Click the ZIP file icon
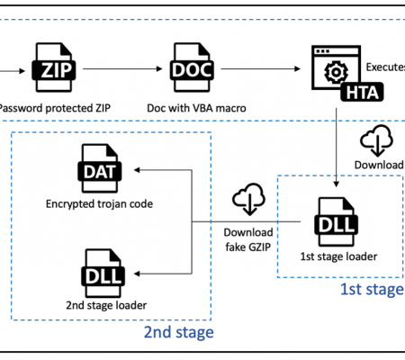point(54,67)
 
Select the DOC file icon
point(192,67)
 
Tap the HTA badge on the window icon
point(362,92)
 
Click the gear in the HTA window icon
point(336,72)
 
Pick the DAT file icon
point(100,168)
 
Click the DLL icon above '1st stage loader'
point(337,221)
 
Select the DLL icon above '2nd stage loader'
point(103,274)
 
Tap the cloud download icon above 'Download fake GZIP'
point(248,199)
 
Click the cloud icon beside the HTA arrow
point(377,140)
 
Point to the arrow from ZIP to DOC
point(122,69)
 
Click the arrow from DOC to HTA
point(260,69)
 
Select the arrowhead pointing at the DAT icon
point(137,170)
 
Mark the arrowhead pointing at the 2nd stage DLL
point(137,274)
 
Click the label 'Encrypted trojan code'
point(99,204)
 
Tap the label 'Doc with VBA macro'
point(196,108)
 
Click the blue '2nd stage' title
point(179,332)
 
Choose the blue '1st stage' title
point(372,289)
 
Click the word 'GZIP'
point(258,247)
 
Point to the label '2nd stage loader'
point(106,305)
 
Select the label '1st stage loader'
point(338,256)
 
